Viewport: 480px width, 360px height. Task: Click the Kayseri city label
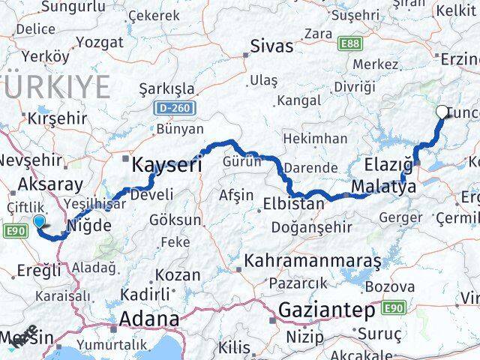point(166,164)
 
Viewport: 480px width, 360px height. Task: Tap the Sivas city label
point(271,46)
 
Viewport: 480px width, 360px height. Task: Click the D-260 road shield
point(178,109)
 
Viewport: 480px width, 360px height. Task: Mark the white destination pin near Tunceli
point(442,112)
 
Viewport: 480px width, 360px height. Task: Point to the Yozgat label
point(100,42)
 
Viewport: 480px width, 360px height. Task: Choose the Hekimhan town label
point(315,139)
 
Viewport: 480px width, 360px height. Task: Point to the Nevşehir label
point(29,160)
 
